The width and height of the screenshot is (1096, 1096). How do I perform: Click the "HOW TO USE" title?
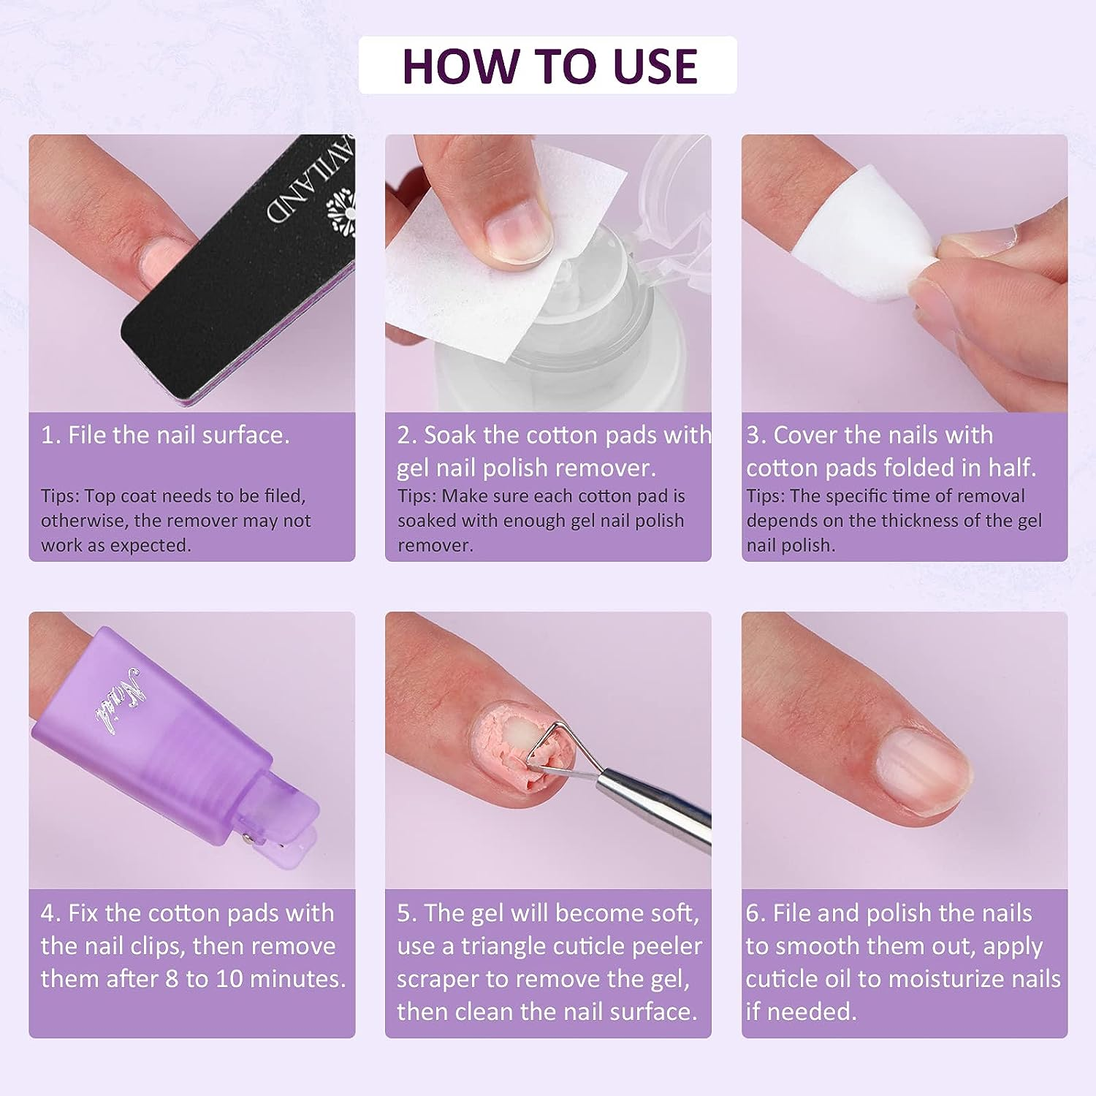tap(549, 66)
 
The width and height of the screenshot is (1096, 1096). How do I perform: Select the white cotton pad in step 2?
tap(438, 278)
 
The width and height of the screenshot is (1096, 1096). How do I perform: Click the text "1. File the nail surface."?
tap(165, 435)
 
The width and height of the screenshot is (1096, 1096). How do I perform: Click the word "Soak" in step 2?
tap(450, 435)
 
